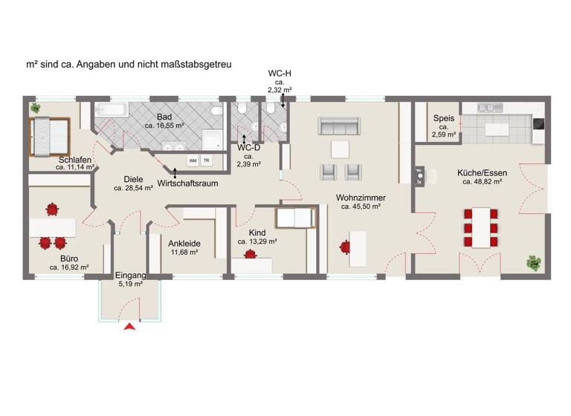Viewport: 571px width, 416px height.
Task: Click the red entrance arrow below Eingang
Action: click(131, 326)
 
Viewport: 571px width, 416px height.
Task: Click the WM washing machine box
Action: click(193, 160)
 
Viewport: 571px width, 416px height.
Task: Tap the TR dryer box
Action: click(207, 160)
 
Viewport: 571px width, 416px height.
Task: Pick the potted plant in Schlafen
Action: click(34, 109)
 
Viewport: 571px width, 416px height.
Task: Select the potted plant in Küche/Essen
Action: click(533, 262)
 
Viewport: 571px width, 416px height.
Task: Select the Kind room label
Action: click(257, 232)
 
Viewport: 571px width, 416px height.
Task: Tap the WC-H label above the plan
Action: click(280, 73)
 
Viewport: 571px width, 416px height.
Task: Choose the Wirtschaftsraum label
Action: click(188, 182)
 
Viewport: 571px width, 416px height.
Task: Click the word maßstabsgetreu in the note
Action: click(191, 65)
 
